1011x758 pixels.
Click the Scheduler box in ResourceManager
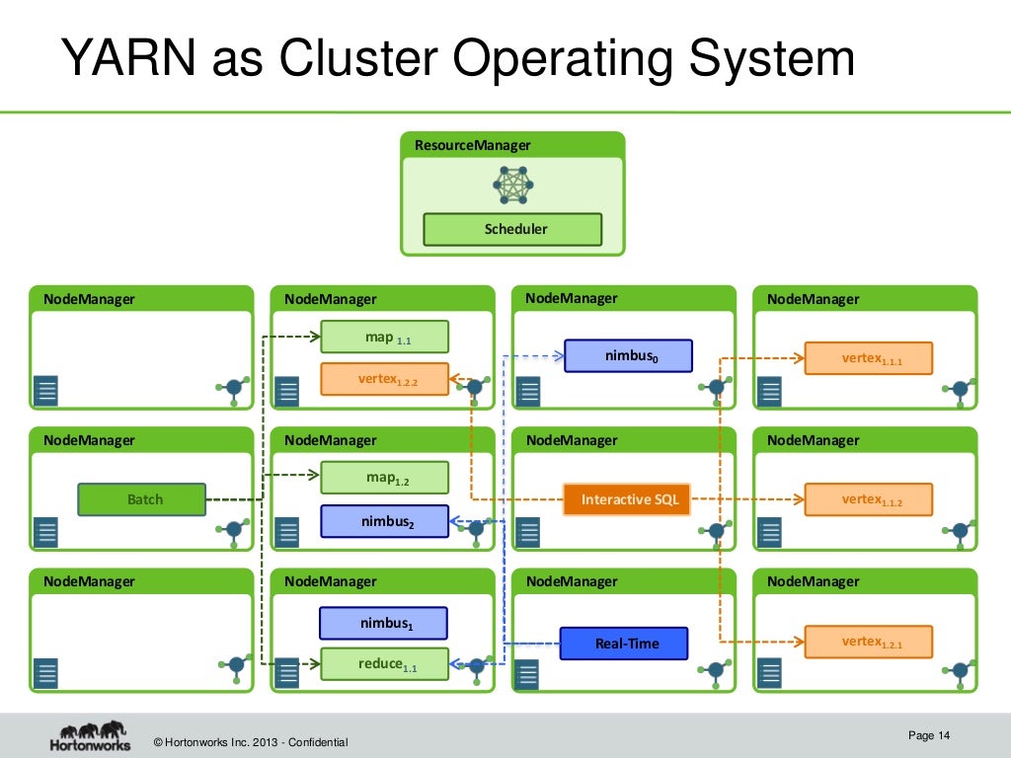point(512,229)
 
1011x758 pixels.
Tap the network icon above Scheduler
point(513,185)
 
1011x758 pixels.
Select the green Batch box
point(142,499)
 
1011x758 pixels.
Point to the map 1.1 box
point(385,338)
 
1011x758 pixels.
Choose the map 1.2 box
point(385,479)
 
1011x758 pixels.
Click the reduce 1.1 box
point(385,665)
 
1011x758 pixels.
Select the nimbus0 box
point(628,355)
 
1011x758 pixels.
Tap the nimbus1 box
point(383,623)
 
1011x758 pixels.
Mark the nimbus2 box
point(384,521)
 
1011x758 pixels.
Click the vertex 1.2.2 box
point(384,379)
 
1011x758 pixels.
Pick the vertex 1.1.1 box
point(869,358)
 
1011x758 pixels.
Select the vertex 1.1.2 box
point(869,499)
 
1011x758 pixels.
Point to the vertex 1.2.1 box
point(869,643)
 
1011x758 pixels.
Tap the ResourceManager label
point(472,145)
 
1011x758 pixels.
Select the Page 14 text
point(928,735)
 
